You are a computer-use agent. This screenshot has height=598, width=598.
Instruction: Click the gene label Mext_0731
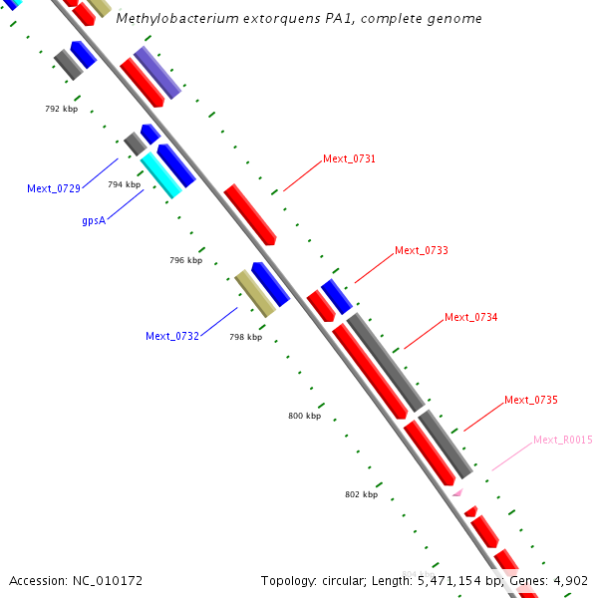pyautogui.click(x=349, y=159)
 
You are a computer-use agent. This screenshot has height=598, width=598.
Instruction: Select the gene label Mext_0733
pyautogui.click(x=421, y=250)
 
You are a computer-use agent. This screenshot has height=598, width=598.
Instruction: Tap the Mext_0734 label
pyautogui.click(x=470, y=317)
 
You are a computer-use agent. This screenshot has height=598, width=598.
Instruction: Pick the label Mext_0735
pyautogui.click(x=530, y=400)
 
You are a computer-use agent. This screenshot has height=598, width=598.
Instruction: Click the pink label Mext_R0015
pyautogui.click(x=562, y=440)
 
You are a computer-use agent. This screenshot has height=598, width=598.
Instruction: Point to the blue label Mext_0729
pyautogui.click(x=54, y=188)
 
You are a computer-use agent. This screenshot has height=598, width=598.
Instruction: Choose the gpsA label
pyautogui.click(x=94, y=220)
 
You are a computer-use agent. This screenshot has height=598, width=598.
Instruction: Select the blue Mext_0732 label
pyautogui.click(x=172, y=336)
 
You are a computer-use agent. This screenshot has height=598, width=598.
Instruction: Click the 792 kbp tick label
pyautogui.click(x=62, y=109)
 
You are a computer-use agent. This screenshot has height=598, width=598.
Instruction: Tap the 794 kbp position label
pyautogui.click(x=124, y=184)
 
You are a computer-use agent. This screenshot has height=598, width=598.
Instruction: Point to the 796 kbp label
pyautogui.click(x=185, y=260)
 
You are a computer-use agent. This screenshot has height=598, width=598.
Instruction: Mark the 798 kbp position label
pyautogui.click(x=245, y=337)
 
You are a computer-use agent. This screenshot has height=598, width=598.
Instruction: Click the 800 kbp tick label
pyautogui.click(x=304, y=416)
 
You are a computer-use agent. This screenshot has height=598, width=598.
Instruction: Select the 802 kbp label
pyautogui.click(x=361, y=494)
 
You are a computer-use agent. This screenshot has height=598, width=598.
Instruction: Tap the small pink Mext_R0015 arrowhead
pyautogui.click(x=457, y=491)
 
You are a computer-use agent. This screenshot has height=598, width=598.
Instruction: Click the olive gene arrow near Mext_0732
pyautogui.click(x=254, y=293)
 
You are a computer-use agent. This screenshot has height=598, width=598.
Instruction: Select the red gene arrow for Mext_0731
pyautogui.click(x=249, y=213)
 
